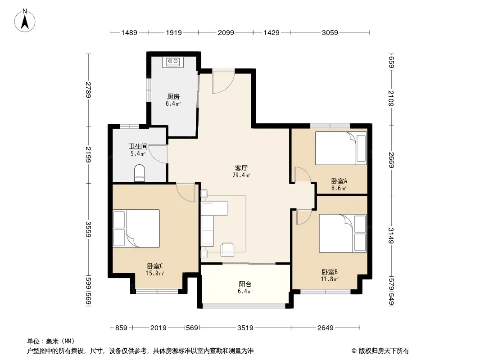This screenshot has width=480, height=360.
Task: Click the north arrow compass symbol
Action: (25, 21)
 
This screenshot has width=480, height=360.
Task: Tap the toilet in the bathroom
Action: (140, 173)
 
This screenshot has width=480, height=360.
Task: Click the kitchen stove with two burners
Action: (173, 62)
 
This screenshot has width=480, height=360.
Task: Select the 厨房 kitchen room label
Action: (173, 97)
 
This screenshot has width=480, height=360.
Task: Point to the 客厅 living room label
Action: (241, 168)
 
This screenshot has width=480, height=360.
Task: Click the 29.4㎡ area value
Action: (241, 175)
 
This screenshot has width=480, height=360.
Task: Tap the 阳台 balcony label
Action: (245, 284)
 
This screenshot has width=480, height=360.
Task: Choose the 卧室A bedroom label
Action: (339, 181)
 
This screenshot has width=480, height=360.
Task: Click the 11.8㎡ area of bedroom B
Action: (330, 279)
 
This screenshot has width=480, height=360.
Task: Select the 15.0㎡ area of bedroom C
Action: (155, 273)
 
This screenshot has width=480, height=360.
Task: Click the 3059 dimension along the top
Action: (330, 32)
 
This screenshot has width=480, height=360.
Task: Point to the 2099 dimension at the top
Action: (226, 32)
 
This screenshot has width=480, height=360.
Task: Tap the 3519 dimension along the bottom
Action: (245, 328)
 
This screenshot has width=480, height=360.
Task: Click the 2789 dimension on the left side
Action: (88, 90)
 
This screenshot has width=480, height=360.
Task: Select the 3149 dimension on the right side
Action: (391, 236)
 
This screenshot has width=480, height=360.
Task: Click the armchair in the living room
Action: (227, 249)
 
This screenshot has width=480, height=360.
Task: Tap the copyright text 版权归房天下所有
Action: (383, 351)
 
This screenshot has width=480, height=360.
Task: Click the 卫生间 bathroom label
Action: (138, 146)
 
